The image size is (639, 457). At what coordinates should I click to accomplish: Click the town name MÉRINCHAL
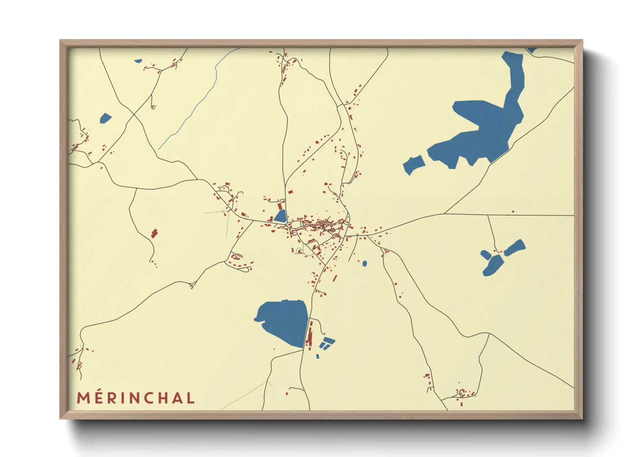(136, 398)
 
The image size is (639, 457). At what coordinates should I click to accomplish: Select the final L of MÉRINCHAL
(190, 398)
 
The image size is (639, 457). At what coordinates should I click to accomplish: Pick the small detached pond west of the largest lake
(414, 165)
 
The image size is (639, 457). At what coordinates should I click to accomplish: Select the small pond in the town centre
(281, 216)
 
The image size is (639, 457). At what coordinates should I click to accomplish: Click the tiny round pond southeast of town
(365, 263)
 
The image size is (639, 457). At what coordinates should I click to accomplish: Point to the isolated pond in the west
(105, 118)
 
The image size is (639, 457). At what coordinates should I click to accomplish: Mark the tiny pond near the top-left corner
(138, 61)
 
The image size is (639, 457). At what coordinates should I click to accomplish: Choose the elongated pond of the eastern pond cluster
(515, 248)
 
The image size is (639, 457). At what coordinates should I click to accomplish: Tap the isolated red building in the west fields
(155, 234)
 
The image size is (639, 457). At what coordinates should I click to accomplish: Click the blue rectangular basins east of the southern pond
(327, 343)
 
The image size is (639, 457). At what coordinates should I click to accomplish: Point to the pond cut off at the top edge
(531, 50)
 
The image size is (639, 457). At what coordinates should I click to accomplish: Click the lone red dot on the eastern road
(513, 212)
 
